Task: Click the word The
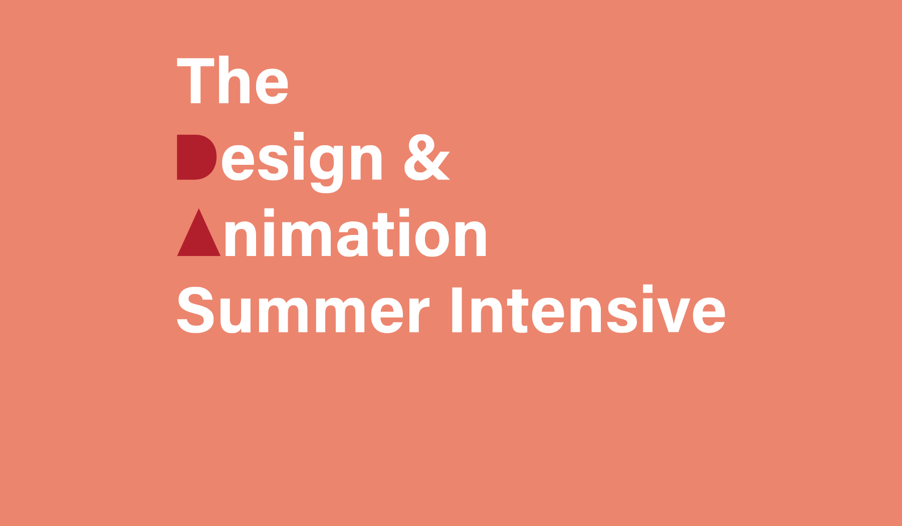[x=233, y=81]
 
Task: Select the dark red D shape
[x=197, y=157]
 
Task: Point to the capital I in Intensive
[x=457, y=310]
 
